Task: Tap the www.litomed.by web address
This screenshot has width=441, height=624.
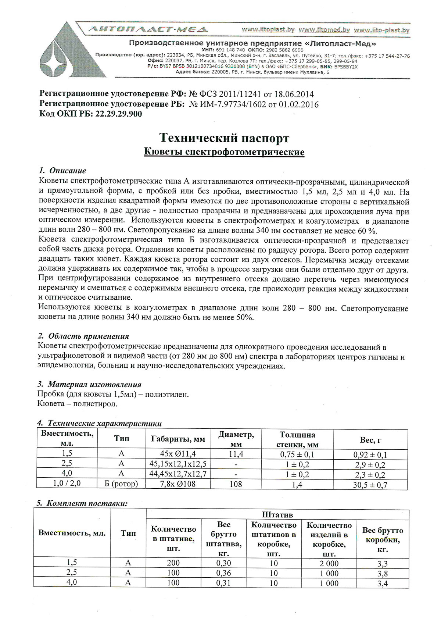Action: click(325, 30)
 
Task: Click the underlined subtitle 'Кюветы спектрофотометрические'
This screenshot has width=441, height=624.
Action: click(224, 152)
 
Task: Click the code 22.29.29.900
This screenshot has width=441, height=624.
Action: click(118, 114)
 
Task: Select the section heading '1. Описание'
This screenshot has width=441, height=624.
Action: click(62, 171)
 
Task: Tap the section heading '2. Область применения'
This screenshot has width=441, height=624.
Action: click(83, 336)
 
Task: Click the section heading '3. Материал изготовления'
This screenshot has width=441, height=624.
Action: click(90, 385)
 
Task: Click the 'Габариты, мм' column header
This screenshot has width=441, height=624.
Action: click(178, 439)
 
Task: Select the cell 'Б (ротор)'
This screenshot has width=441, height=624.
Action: click(121, 484)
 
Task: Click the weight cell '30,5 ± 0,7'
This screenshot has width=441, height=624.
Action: click(370, 485)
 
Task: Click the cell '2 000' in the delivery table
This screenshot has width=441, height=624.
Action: click(329, 564)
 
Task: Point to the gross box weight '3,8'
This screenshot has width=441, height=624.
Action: click(382, 574)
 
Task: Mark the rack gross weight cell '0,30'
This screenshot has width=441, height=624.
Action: click(223, 563)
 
